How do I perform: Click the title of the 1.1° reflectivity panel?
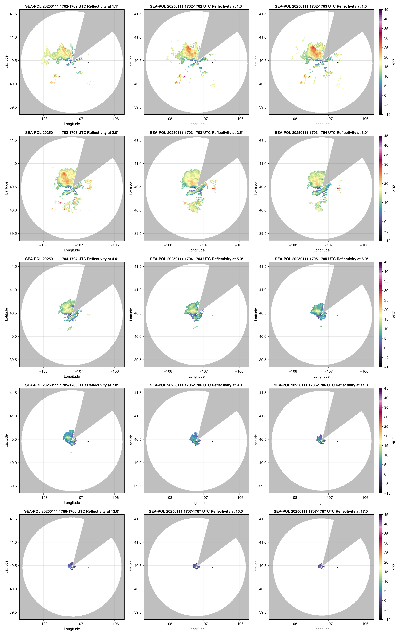coord(72,6)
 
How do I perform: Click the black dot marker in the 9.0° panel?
coord(213,441)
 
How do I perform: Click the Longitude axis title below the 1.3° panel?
coord(196,124)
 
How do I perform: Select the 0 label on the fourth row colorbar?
coord(385,474)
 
